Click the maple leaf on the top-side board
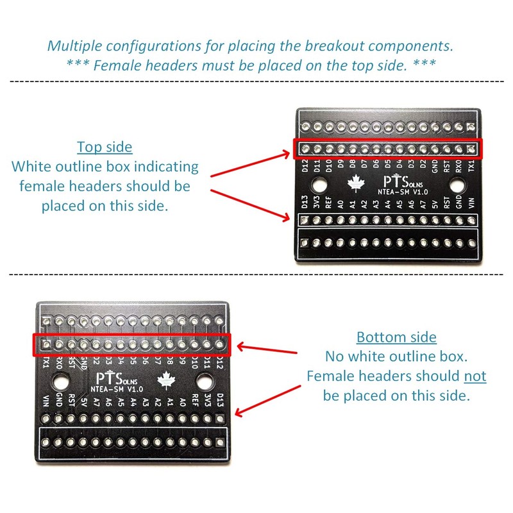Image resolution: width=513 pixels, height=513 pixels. [x=355, y=184]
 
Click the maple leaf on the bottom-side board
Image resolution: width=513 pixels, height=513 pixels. [x=167, y=380]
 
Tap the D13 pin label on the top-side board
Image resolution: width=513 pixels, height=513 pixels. [x=305, y=205]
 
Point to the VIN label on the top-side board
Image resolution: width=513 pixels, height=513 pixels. [x=471, y=205]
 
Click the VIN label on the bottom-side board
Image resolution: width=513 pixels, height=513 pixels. [x=46, y=403]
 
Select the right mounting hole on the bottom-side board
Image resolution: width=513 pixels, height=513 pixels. [x=205, y=383]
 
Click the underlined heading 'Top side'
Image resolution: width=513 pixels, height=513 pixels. [x=105, y=147]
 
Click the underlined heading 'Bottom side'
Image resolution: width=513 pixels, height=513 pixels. [x=396, y=337]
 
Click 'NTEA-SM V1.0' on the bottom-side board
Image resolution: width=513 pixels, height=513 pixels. [x=118, y=389]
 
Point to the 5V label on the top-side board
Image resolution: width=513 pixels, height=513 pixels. [x=435, y=205]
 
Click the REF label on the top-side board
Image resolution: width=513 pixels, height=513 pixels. [x=328, y=205]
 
